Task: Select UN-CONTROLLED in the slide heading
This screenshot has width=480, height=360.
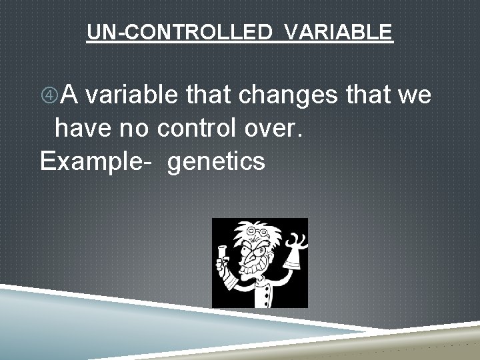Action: point(178,31)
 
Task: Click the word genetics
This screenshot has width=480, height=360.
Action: point(217,161)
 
